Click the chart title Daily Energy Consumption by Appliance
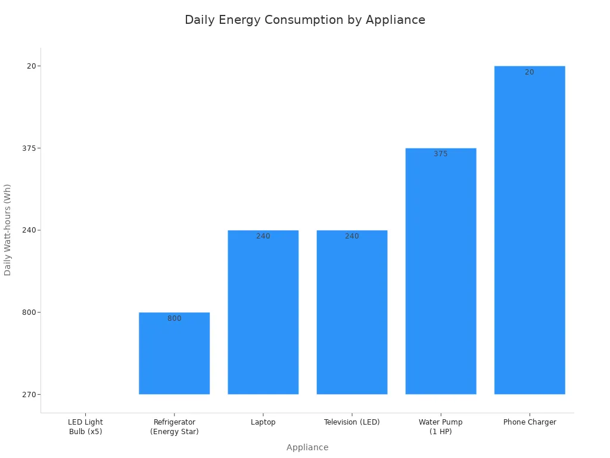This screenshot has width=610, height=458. pos(305,20)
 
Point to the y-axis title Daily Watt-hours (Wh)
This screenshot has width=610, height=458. pos(8,230)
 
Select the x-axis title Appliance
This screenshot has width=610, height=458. pos(307,447)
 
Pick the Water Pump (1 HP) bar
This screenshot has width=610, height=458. pos(441,271)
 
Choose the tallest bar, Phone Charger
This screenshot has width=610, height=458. pos(530,230)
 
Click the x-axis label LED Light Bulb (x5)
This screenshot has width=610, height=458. pos(85,426)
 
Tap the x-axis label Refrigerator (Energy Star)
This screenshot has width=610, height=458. pos(174,426)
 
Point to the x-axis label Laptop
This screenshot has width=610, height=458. pos(263,422)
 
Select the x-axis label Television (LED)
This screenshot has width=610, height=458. pos(351,422)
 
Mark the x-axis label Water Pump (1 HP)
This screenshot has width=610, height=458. pos(441,426)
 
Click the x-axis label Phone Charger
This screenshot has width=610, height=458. pos(530,422)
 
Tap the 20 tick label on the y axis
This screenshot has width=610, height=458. pos(31,66)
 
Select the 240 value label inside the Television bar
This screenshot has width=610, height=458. pos(351,236)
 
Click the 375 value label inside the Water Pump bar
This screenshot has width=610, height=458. pos(441,154)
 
